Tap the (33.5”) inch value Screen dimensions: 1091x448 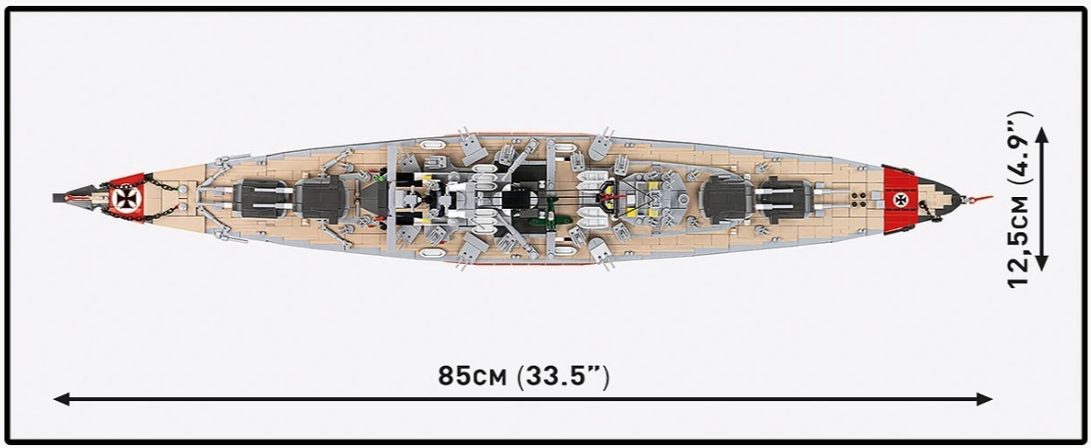pos(563,377)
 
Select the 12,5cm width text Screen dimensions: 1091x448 pos(1020,241)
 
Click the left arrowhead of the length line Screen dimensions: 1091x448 pos(61,399)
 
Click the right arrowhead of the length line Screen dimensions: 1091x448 pos(984,399)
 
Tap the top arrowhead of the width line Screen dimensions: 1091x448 pos(1042,134)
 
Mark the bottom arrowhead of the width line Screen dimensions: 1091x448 pos(1042,263)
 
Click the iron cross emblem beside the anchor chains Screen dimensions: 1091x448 pos(127,199)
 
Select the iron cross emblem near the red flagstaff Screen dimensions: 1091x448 pos(902,200)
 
